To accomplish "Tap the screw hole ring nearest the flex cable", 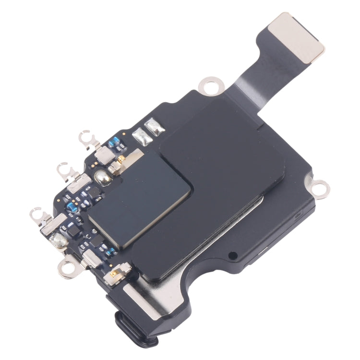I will [208, 86].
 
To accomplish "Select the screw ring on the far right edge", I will [319, 184].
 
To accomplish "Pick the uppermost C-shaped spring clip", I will [87, 139].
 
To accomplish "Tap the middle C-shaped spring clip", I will [64, 169].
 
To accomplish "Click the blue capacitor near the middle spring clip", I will [72, 207].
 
